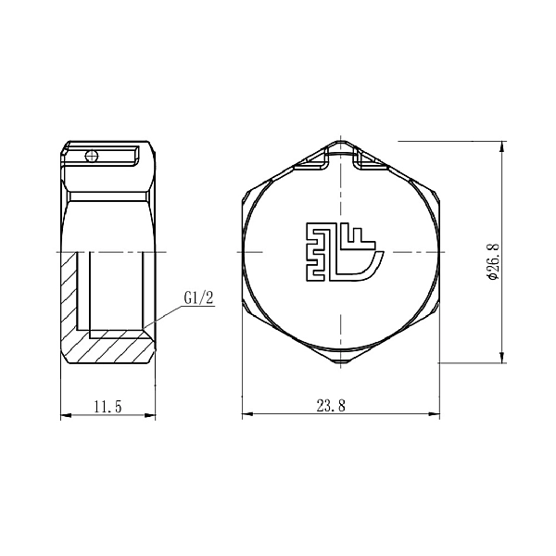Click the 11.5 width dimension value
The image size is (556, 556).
(108, 406)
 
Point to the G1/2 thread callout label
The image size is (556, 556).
(199, 298)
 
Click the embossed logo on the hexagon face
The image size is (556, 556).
(343, 251)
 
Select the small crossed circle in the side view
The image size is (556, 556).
(91, 156)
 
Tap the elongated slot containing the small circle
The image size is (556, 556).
(107, 156)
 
